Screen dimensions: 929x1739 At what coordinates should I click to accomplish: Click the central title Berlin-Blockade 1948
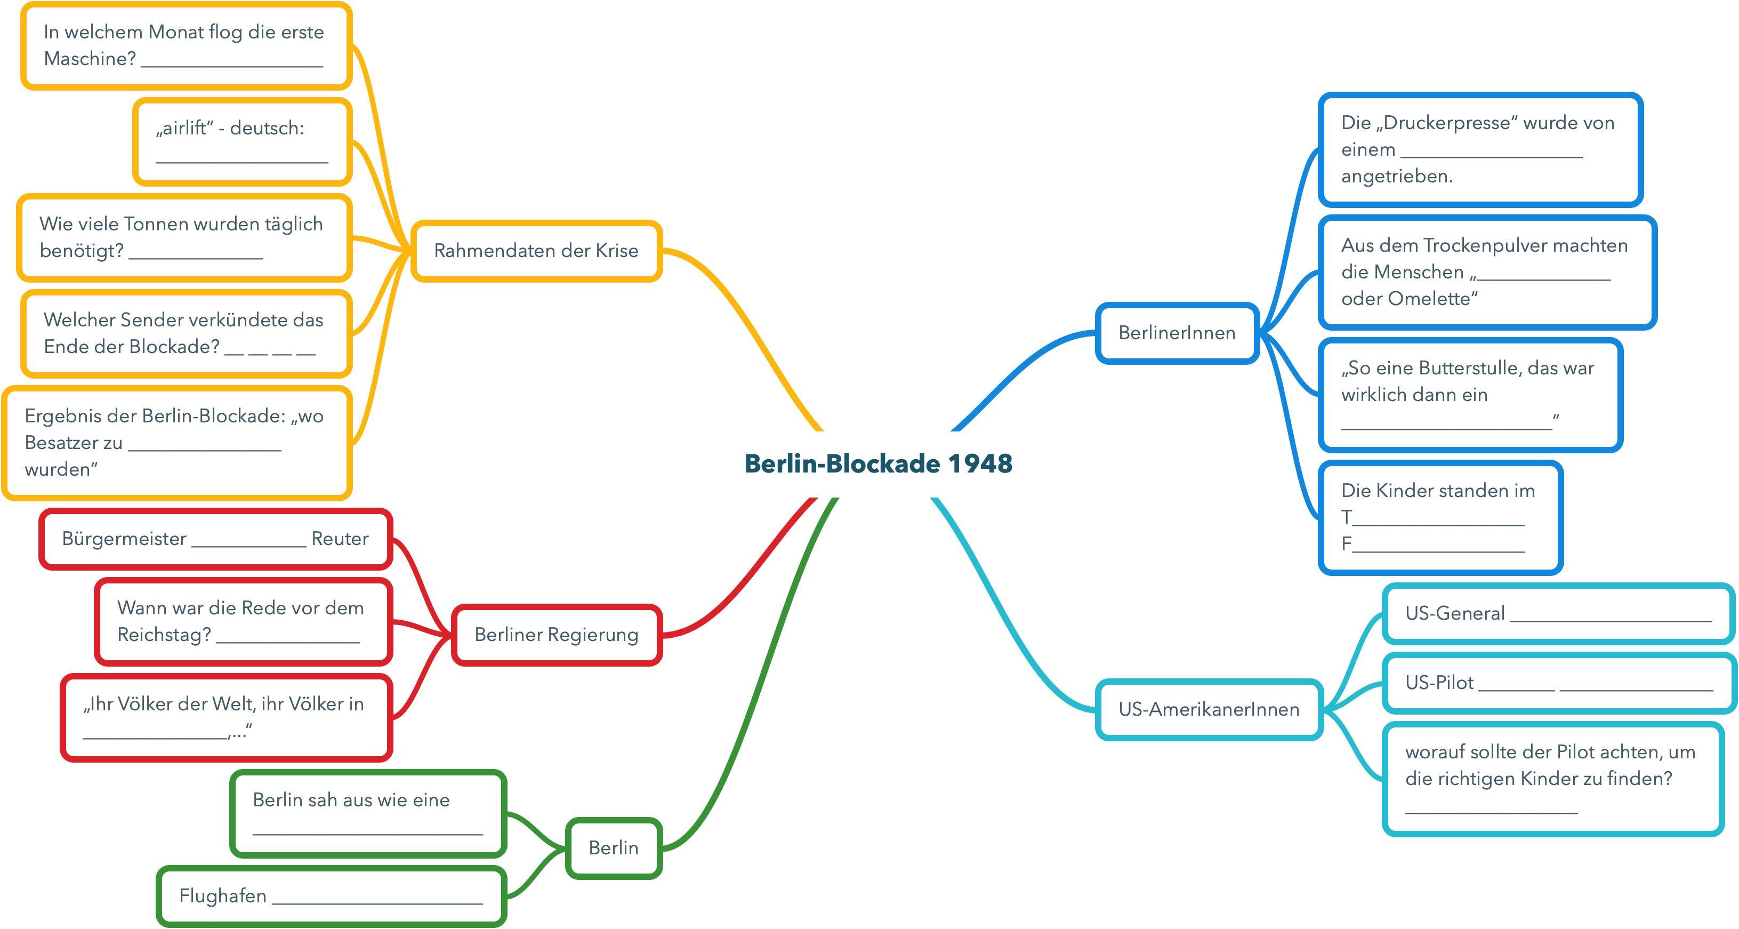(x=878, y=464)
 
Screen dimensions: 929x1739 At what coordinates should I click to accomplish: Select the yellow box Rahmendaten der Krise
(x=536, y=251)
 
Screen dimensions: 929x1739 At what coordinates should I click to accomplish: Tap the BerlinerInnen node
(x=1177, y=333)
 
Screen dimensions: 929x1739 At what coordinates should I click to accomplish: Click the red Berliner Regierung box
(x=556, y=635)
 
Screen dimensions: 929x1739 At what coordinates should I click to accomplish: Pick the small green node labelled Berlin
(x=613, y=848)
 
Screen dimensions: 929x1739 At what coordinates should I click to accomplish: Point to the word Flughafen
(x=223, y=896)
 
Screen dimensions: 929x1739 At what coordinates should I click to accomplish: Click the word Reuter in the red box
(x=340, y=539)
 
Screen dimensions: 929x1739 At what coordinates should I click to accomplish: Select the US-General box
(x=1557, y=613)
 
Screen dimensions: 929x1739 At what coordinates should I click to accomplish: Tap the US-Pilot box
(x=1557, y=683)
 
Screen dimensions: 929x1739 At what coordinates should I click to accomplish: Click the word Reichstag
(x=163, y=635)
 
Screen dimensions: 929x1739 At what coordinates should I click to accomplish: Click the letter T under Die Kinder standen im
(x=1346, y=517)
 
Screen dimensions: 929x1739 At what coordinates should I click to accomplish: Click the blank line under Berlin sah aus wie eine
(x=367, y=832)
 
